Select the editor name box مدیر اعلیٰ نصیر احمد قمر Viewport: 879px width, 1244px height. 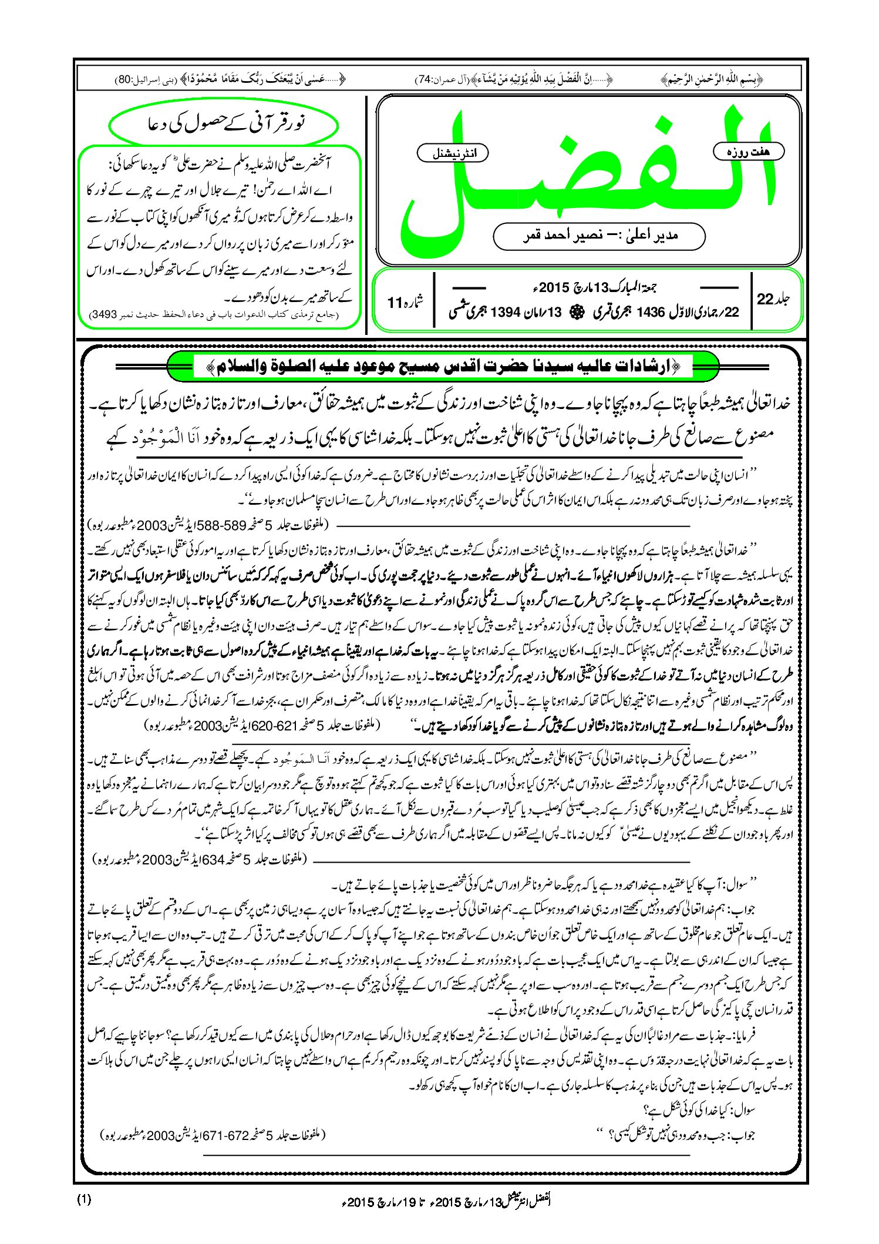pyautogui.click(x=599, y=236)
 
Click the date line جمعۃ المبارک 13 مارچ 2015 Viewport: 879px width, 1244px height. pyautogui.click(x=593, y=288)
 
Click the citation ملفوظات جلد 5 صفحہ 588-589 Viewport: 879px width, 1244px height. pyautogui.click(x=208, y=522)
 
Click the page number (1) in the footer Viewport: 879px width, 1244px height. pyautogui.click(x=84, y=1199)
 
